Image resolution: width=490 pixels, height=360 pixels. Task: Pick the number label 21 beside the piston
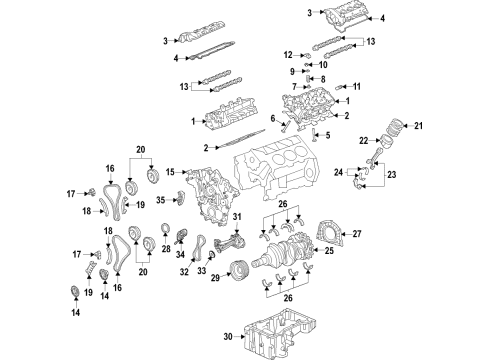[x=419, y=125]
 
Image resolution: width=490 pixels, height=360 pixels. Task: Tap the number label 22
[x=365, y=139]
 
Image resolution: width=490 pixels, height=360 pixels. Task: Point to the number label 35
[x=160, y=200]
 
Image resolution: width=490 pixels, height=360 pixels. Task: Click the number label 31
[x=237, y=219]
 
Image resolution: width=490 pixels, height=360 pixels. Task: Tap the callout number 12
[x=288, y=54]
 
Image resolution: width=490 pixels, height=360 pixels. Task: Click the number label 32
[x=182, y=272]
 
